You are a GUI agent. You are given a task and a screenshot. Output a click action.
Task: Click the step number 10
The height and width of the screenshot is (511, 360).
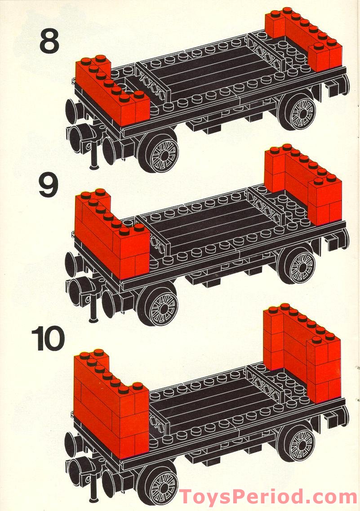pos(48,340)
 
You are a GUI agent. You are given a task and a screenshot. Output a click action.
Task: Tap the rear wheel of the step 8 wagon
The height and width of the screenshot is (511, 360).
pos(298,111)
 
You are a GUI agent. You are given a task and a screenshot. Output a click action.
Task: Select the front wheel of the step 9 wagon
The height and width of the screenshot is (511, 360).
pos(158,306)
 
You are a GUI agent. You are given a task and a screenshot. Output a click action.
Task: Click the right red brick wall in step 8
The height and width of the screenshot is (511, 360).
pos(303,40)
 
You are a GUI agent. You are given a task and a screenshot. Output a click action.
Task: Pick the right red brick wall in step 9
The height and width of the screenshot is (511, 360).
pos(303,184)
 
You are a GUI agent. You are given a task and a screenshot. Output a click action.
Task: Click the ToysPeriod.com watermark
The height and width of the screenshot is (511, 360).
pos(268,497)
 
